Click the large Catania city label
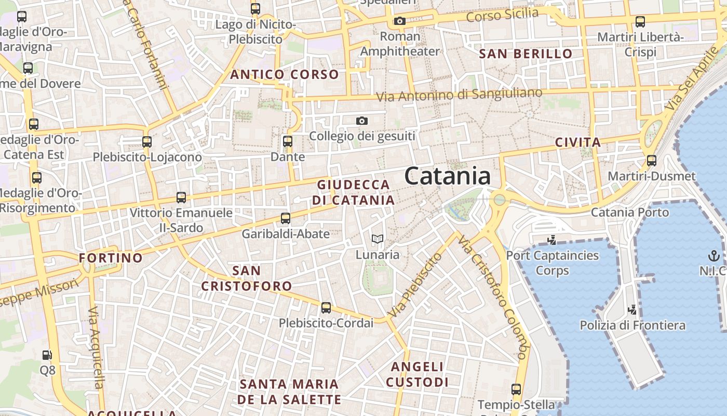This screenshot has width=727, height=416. [x=447, y=176]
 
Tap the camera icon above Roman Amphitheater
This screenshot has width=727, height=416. [x=399, y=21]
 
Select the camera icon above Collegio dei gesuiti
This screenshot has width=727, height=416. [x=362, y=121]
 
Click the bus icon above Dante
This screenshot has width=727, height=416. [x=288, y=141]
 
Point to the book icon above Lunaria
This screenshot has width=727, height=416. [x=378, y=239]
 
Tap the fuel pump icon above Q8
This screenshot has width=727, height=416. [x=47, y=355]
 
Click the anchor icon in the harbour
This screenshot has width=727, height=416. [x=713, y=255]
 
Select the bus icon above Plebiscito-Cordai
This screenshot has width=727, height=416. [x=326, y=307]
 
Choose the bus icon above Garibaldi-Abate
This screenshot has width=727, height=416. [x=285, y=218]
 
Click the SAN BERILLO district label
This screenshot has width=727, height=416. [x=526, y=54]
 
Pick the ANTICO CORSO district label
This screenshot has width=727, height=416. [x=285, y=74]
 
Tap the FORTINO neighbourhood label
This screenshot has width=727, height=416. [x=111, y=258]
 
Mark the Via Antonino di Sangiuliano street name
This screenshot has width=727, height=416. [x=459, y=95]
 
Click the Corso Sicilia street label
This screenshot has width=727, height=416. [x=502, y=15]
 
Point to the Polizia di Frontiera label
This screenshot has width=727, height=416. [x=632, y=326]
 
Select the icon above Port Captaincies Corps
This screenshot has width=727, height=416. [x=552, y=240]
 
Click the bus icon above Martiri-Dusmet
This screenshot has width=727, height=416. [x=651, y=161]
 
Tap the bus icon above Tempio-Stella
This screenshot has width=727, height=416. [x=516, y=389]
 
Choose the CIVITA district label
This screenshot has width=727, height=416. [x=577, y=142]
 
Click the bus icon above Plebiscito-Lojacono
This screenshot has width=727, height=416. [x=147, y=141]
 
